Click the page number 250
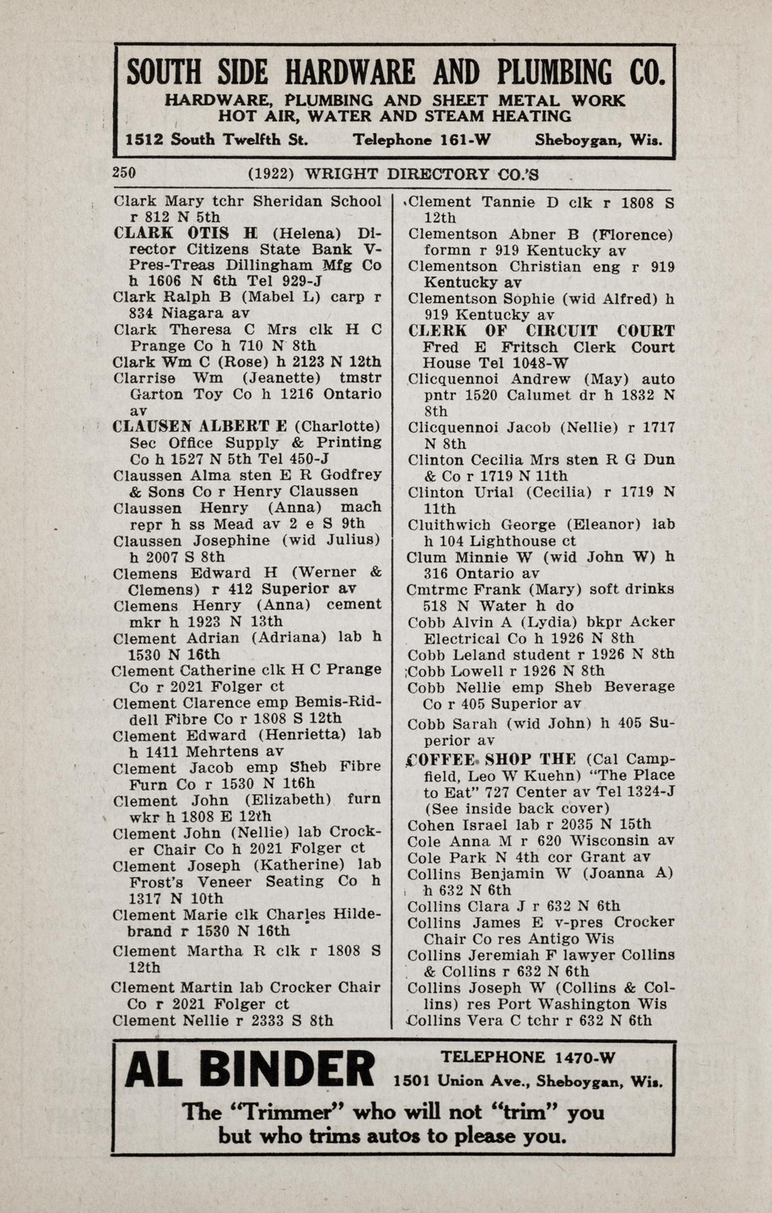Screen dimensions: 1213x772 (x=124, y=173)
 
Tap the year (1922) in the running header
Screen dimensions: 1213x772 (x=271, y=174)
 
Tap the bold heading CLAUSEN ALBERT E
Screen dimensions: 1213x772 (x=200, y=426)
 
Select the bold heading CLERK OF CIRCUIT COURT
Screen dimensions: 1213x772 (x=541, y=331)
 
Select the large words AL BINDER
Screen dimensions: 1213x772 (x=250, y=1069)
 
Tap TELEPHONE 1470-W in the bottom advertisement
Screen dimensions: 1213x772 (x=527, y=1057)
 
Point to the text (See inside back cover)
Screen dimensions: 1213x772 (x=517, y=808)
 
